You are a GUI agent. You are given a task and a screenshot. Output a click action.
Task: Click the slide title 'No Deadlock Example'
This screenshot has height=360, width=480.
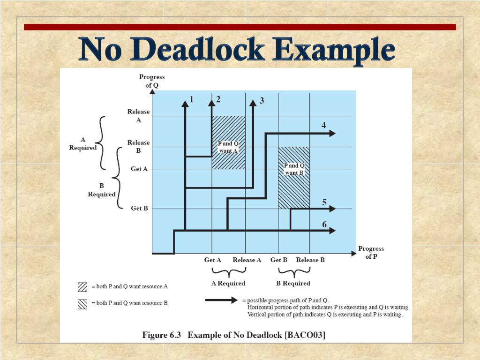[x=237, y=50]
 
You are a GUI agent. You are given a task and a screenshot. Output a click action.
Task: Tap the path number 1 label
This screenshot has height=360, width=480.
[x=191, y=99]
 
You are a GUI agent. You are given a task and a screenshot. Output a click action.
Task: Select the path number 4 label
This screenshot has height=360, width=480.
[x=323, y=125]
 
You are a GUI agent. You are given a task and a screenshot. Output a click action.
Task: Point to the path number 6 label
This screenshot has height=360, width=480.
[x=324, y=225]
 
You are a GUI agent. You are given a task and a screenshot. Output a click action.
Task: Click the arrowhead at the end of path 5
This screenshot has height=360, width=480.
[x=332, y=209]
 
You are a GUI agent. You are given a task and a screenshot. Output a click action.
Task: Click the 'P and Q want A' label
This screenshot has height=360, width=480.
[x=228, y=147]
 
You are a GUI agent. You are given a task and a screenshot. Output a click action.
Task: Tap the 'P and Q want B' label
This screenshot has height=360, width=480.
[x=294, y=169]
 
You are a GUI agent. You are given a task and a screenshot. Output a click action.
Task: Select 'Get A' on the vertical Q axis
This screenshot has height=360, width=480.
[x=139, y=169]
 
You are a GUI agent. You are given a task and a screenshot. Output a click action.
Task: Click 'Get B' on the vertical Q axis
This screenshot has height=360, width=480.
[x=139, y=208]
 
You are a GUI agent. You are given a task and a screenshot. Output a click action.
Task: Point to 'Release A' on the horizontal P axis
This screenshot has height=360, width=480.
[x=247, y=260]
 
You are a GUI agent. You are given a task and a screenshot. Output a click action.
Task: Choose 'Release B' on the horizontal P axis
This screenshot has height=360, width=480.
[x=310, y=260]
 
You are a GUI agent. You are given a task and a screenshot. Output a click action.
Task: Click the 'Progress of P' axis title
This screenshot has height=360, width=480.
[x=371, y=252]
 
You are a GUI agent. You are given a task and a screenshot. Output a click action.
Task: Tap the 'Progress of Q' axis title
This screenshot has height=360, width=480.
[x=152, y=81]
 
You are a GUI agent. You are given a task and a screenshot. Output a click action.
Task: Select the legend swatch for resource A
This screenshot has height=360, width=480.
[x=82, y=286]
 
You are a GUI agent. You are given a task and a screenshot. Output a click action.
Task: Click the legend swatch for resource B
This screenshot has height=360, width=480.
[x=82, y=304]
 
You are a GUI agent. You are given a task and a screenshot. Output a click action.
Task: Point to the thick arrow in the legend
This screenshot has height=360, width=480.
[x=221, y=300]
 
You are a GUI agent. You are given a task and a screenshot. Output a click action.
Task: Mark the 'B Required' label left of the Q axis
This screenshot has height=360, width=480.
[x=102, y=190]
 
